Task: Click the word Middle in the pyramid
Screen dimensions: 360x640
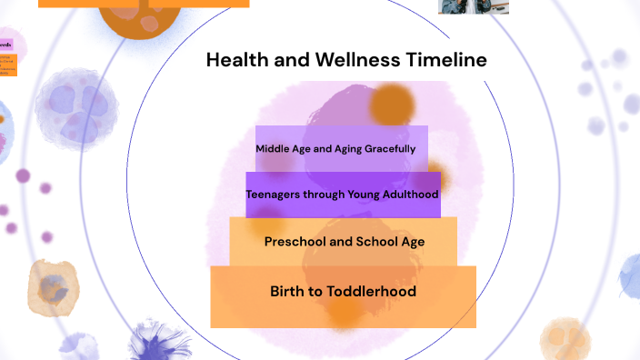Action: [275, 148]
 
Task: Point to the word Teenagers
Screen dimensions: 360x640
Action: [279, 195]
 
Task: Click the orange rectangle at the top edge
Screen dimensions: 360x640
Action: [144, 4]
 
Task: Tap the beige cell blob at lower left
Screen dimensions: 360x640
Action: [53, 284]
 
